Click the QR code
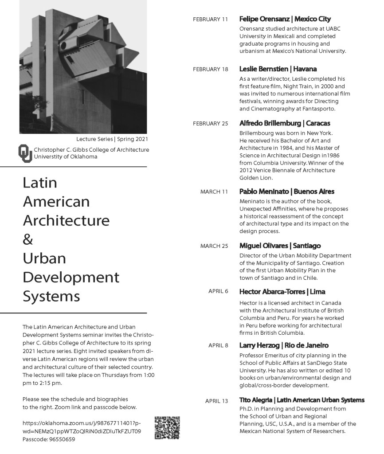pos(168,428)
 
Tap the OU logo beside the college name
pos(25,153)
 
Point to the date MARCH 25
pos(214,246)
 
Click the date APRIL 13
pos(216,401)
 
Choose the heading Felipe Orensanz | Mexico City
pos(285,19)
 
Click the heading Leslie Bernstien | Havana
pos(278,69)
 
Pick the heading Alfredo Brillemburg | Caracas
pos(285,123)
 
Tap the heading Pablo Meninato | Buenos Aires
pos(287,192)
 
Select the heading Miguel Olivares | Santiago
pos(280,246)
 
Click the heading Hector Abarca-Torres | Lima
pos(282,292)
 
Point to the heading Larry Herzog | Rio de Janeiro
pos(284,345)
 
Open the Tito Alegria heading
pos(302,400)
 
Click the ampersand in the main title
pos(27,239)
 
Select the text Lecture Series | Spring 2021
pos(112,139)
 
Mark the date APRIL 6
pos(218,292)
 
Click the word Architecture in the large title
pos(66,220)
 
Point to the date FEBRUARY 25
pos(210,123)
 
